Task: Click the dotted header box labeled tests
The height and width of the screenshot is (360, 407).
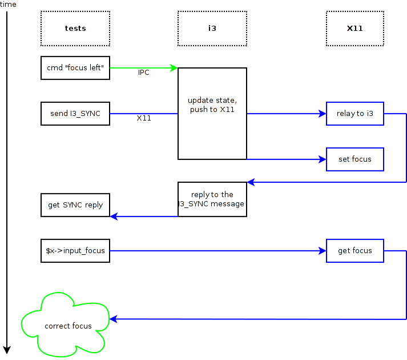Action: (x=75, y=28)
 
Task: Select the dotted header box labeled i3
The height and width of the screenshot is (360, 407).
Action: (x=212, y=28)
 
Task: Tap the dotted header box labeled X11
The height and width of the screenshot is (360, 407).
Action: (x=354, y=28)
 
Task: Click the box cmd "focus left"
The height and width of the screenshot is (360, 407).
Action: (x=75, y=67)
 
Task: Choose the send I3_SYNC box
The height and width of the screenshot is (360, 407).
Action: (x=75, y=113)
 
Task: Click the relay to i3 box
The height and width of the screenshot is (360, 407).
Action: (x=354, y=113)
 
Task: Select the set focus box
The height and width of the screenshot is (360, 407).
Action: (x=354, y=159)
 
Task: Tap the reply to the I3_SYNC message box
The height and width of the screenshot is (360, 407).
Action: (x=212, y=199)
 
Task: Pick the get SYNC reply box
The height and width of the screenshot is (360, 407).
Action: (x=75, y=205)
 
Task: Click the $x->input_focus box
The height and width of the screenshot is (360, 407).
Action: (x=75, y=250)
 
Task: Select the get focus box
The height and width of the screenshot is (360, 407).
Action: (x=354, y=250)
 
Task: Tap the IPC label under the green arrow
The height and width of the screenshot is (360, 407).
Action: (x=143, y=73)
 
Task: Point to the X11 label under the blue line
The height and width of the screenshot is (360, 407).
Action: (x=144, y=118)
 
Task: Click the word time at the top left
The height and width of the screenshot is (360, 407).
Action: (x=9, y=5)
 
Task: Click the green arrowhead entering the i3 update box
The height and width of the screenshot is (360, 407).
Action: (x=174, y=67)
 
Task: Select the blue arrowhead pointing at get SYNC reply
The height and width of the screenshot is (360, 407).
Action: (x=114, y=216)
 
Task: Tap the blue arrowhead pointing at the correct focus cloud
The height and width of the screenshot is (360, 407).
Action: (x=113, y=318)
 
